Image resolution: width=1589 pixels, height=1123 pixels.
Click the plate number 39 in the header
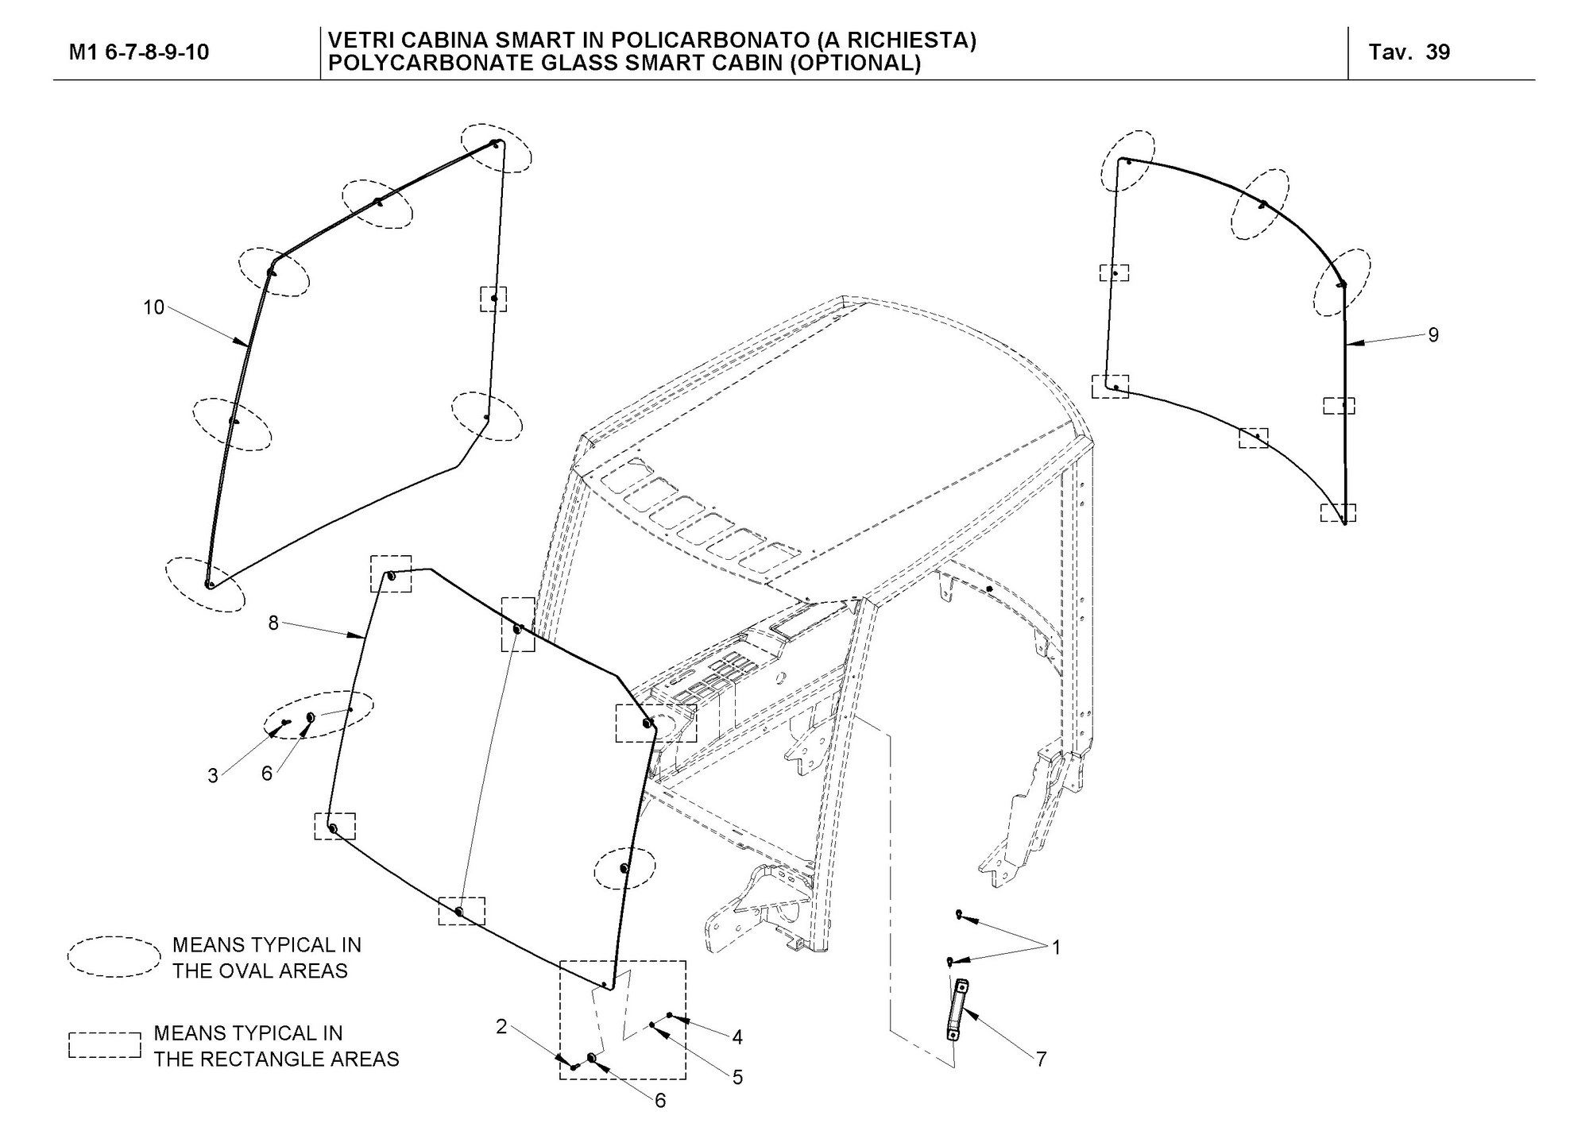click(1438, 52)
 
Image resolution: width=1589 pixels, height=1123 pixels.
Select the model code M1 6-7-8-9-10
click(139, 52)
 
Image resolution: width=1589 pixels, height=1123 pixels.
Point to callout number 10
click(153, 307)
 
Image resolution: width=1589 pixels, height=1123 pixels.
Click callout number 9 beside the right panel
click(1433, 335)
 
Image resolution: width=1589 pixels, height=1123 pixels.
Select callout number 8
click(273, 623)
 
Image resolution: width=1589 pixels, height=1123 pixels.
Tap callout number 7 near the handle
click(1041, 1059)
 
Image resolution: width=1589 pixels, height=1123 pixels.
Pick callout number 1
click(1056, 947)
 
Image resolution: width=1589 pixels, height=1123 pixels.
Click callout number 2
click(501, 1027)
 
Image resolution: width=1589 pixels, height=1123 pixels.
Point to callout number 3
click(213, 776)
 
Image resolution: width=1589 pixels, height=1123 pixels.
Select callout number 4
click(737, 1037)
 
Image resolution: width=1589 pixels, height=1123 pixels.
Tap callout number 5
click(737, 1078)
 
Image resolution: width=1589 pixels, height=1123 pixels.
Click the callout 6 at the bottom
click(660, 1101)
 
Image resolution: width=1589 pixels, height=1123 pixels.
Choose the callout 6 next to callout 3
click(267, 774)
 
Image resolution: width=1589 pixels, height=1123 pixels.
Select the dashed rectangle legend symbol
click(105, 1044)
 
